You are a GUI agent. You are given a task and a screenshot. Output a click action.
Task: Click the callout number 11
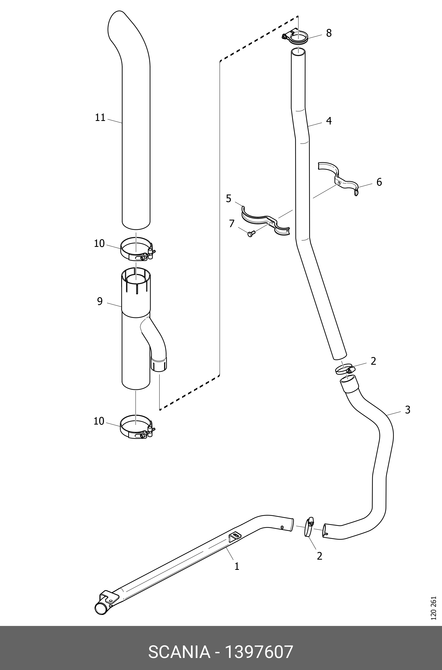pyautogui.click(x=100, y=117)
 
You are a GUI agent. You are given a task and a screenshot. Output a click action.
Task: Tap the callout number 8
pyautogui.click(x=329, y=33)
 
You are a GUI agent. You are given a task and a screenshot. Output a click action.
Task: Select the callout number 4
pyautogui.click(x=329, y=121)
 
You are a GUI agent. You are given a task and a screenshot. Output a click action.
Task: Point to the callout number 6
pyautogui.click(x=379, y=182)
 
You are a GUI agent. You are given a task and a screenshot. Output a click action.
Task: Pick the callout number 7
pyautogui.click(x=232, y=223)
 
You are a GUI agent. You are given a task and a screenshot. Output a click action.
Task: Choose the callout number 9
pyautogui.click(x=100, y=302)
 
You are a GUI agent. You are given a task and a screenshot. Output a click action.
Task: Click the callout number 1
pyautogui.click(x=237, y=566)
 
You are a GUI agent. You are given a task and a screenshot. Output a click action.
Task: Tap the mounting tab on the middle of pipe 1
pyautogui.click(x=235, y=535)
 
